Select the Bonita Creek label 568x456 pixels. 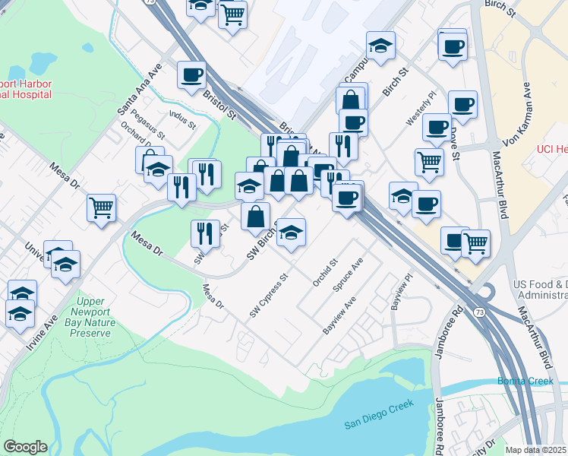pyautogui.click(x=525, y=381)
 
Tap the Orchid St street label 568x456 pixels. pyautogui.click(x=324, y=274)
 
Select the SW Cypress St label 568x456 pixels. pyautogui.click(x=269, y=297)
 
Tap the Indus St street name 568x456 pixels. pyautogui.click(x=183, y=119)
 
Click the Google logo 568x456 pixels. pyautogui.click(x=24, y=447)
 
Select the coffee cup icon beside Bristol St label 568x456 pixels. pyautogui.click(x=191, y=74)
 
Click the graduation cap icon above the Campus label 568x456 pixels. pyautogui.click(x=380, y=46)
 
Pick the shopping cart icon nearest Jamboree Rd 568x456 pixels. pyautogui.click(x=475, y=242)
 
